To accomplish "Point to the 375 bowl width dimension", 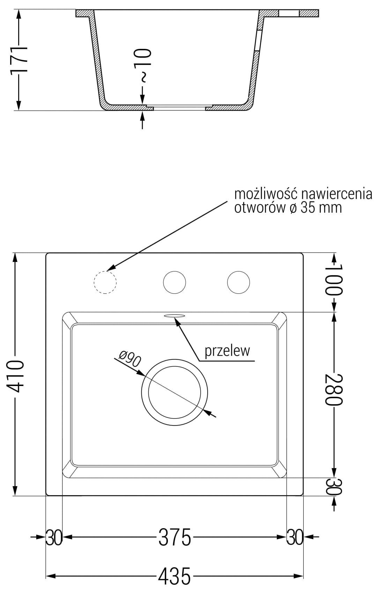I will [x=174, y=537].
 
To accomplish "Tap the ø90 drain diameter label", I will [x=129, y=359].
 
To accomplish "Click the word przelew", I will [x=227, y=351].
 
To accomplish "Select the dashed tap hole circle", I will [x=105, y=282].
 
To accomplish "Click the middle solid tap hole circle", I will [x=174, y=282].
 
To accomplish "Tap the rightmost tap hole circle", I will [x=238, y=282].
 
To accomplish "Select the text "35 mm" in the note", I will [x=321, y=208].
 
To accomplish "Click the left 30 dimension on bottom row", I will [x=54, y=537].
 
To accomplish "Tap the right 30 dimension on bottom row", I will [x=295, y=537].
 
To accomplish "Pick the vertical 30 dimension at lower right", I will [x=334, y=486].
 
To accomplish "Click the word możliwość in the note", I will [x=265, y=194].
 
